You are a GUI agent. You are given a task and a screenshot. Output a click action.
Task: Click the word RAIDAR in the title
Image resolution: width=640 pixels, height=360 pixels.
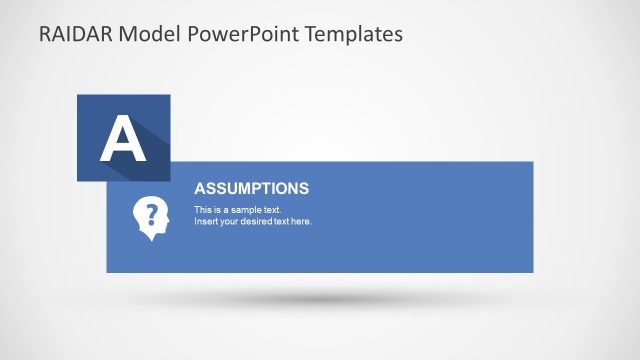point(75,34)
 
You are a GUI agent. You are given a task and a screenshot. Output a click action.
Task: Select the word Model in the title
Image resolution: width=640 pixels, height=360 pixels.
point(146,34)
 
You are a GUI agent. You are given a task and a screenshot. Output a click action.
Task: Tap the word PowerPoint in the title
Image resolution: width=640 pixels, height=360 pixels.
point(235,34)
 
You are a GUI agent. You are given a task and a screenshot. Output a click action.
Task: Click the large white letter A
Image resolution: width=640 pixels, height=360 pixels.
point(122,139)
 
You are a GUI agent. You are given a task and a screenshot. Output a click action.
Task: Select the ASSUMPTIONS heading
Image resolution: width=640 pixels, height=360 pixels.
point(251,188)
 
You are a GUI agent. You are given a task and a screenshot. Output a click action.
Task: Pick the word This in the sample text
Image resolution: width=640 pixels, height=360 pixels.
point(202,210)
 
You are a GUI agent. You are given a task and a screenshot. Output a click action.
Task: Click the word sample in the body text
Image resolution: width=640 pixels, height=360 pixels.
point(247,210)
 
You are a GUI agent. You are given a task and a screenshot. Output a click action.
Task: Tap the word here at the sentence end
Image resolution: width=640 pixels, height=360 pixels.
point(301,221)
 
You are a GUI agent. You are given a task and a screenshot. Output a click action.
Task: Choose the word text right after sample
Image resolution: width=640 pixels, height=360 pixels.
point(272,210)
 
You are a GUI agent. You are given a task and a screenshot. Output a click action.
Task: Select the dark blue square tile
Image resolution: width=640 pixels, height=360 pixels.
point(90,110)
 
